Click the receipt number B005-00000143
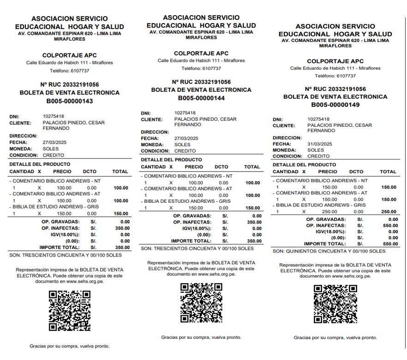pos(69,101)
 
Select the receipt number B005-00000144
pos(201,98)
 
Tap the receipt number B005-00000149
pos(335,105)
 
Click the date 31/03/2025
pos(320,144)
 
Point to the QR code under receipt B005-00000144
pos(201,303)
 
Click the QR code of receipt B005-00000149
pos(335,304)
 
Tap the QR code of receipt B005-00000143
pos(69,311)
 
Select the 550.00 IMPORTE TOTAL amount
pos(390,244)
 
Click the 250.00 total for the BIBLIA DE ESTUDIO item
pos(388,212)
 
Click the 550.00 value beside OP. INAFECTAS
pos(390,226)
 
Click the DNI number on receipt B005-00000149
pos(318,119)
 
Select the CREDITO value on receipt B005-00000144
pos(185,151)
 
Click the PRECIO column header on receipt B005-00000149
pos(328,171)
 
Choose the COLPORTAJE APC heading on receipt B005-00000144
pos(201,53)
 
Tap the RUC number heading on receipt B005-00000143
pos(69,85)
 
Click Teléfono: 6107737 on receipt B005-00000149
pos(335,76)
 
